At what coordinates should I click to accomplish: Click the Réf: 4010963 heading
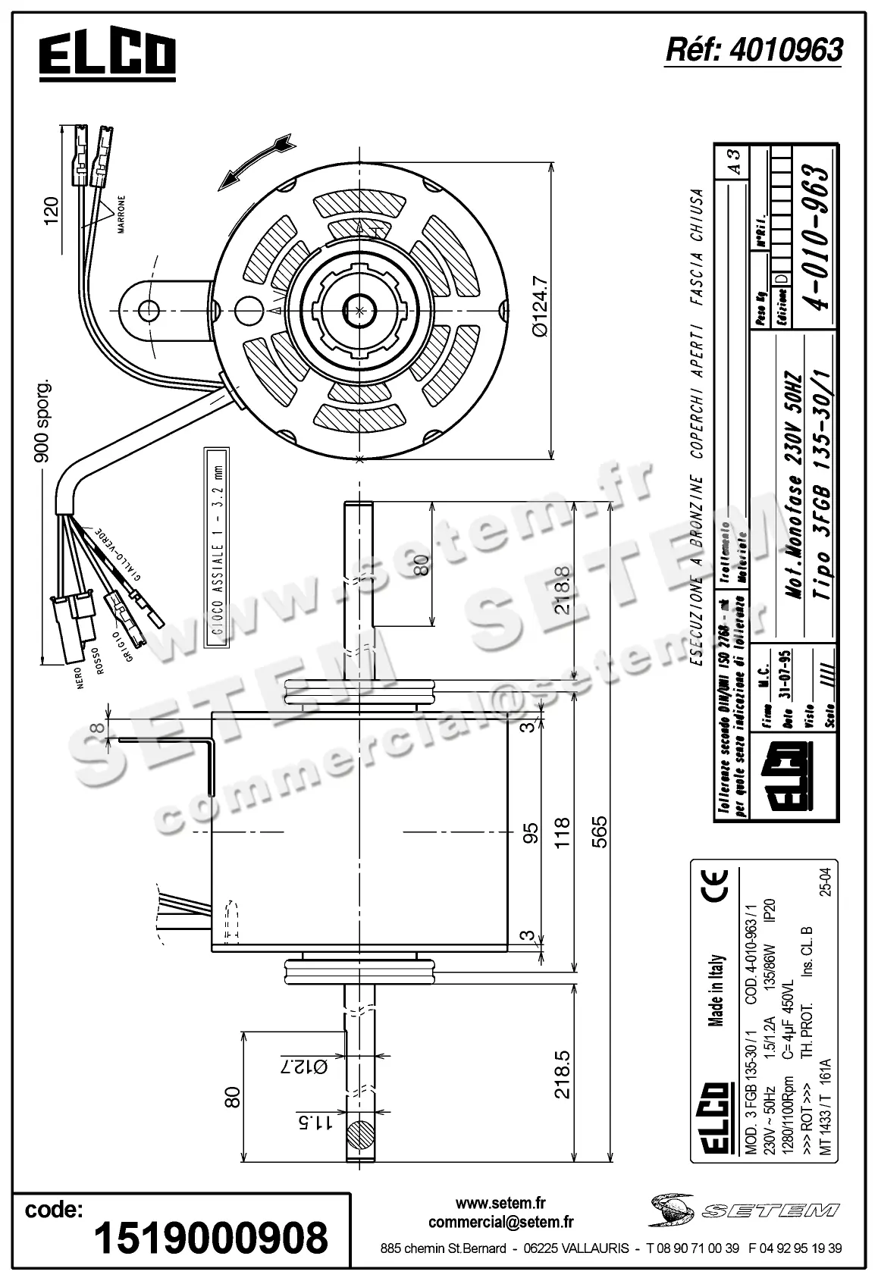pos(753,50)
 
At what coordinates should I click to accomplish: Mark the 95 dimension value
pos(531,833)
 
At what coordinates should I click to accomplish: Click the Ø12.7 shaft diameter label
pos(304,1066)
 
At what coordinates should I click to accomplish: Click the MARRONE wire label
pos(121,214)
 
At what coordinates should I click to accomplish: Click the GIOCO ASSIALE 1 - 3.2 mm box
pos(215,547)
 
